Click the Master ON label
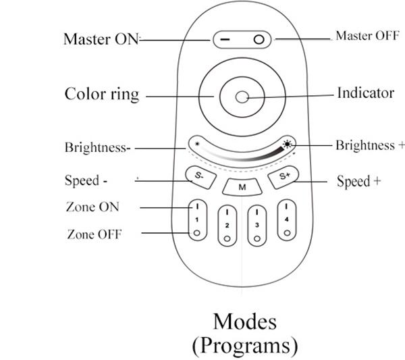[100, 39]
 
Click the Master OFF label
[367, 36]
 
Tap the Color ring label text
[102, 93]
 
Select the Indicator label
[365, 93]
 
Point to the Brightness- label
[97, 147]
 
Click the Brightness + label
[370, 145]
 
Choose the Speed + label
[354, 181]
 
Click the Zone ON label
[92, 207]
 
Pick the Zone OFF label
[94, 234]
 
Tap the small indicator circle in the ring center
[241, 97]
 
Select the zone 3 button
[257, 225]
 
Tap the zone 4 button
[287, 219]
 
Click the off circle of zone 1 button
[196, 233]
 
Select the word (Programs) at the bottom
[244, 345]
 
